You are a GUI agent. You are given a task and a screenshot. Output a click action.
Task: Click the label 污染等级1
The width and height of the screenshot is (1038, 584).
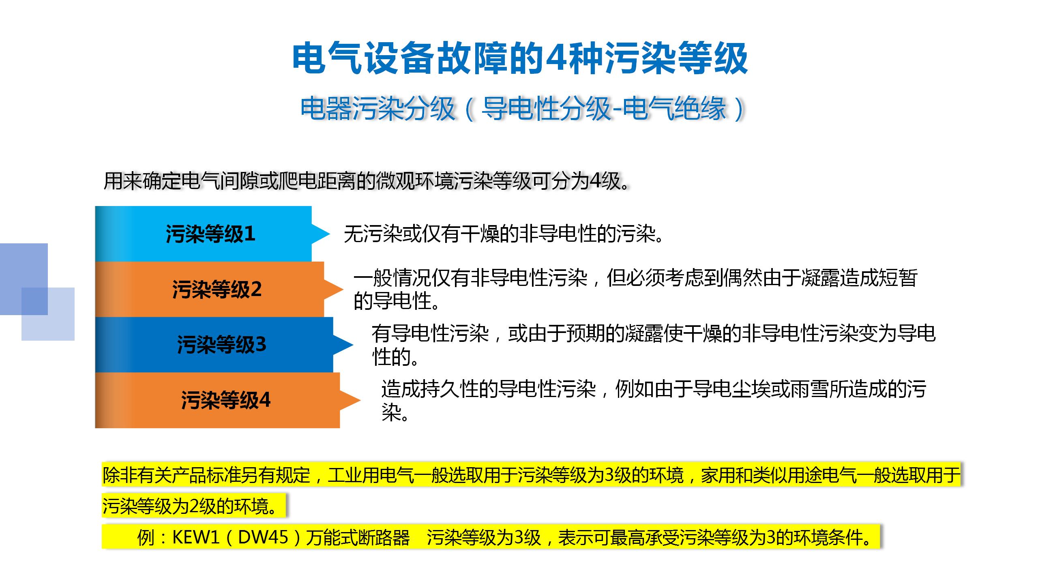click(x=210, y=234)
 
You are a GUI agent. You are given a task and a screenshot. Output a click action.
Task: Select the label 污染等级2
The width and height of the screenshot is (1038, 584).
click(x=217, y=289)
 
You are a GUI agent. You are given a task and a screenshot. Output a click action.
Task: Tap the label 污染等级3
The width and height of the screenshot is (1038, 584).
click(x=221, y=345)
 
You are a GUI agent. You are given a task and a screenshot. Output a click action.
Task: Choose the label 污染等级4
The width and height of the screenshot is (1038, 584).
click(x=225, y=400)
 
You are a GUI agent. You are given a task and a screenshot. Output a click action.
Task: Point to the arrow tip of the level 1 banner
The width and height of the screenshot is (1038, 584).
click(x=330, y=234)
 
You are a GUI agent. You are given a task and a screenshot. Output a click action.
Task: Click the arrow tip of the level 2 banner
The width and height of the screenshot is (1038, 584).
click(x=343, y=289)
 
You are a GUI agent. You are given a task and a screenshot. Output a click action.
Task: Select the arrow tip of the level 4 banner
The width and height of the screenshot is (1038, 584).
click(x=360, y=400)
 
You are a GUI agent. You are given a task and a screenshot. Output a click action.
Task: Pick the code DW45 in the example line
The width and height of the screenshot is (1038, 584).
click(x=263, y=537)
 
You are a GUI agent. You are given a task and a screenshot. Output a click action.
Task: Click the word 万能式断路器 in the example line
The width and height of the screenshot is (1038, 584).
click(x=358, y=537)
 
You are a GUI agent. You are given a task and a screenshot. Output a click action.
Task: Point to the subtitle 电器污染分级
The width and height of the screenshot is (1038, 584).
click(x=377, y=109)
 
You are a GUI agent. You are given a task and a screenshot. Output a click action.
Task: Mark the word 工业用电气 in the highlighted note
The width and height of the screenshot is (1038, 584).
click(x=371, y=475)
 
